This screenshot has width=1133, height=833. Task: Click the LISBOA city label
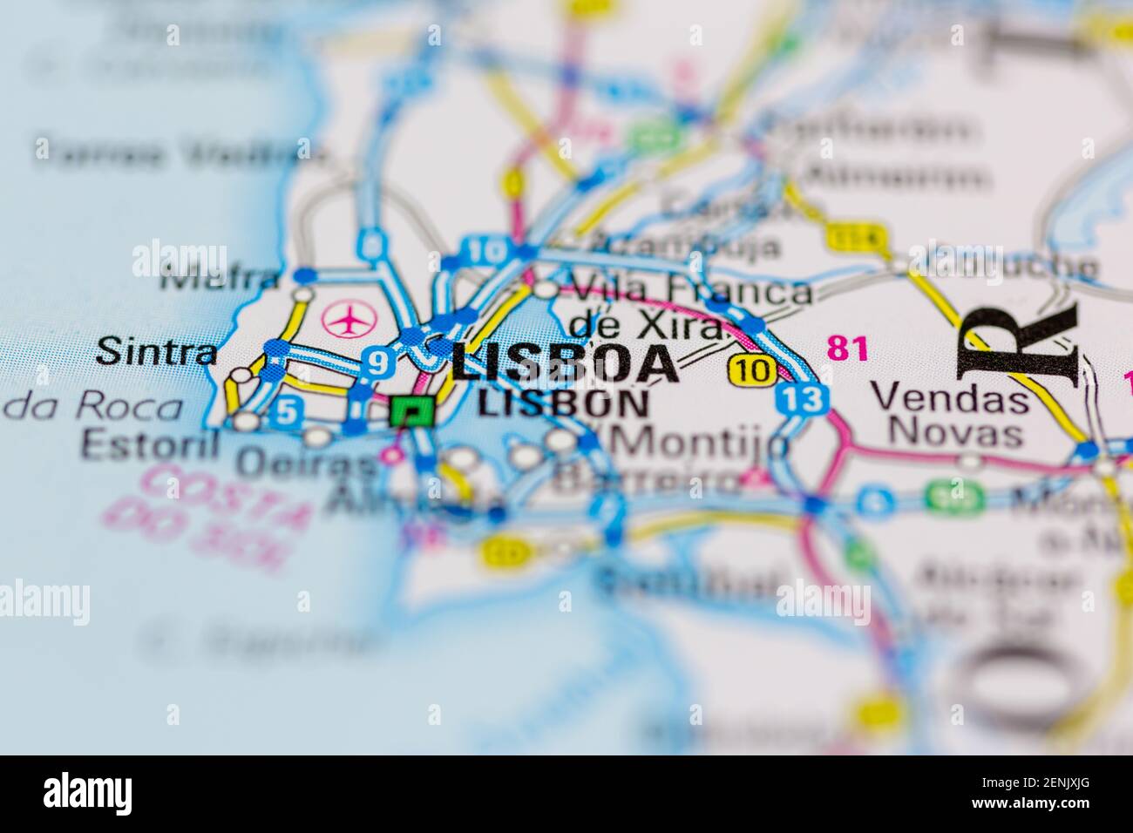564,362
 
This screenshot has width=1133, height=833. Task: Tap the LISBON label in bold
564,403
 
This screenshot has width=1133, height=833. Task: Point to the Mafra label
221,280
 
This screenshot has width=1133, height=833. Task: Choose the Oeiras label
308,464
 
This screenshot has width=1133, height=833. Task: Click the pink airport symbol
347,320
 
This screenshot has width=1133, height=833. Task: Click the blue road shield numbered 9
377,362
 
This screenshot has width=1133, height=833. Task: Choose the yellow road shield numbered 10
752,369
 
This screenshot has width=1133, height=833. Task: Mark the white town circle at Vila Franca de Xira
546,289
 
